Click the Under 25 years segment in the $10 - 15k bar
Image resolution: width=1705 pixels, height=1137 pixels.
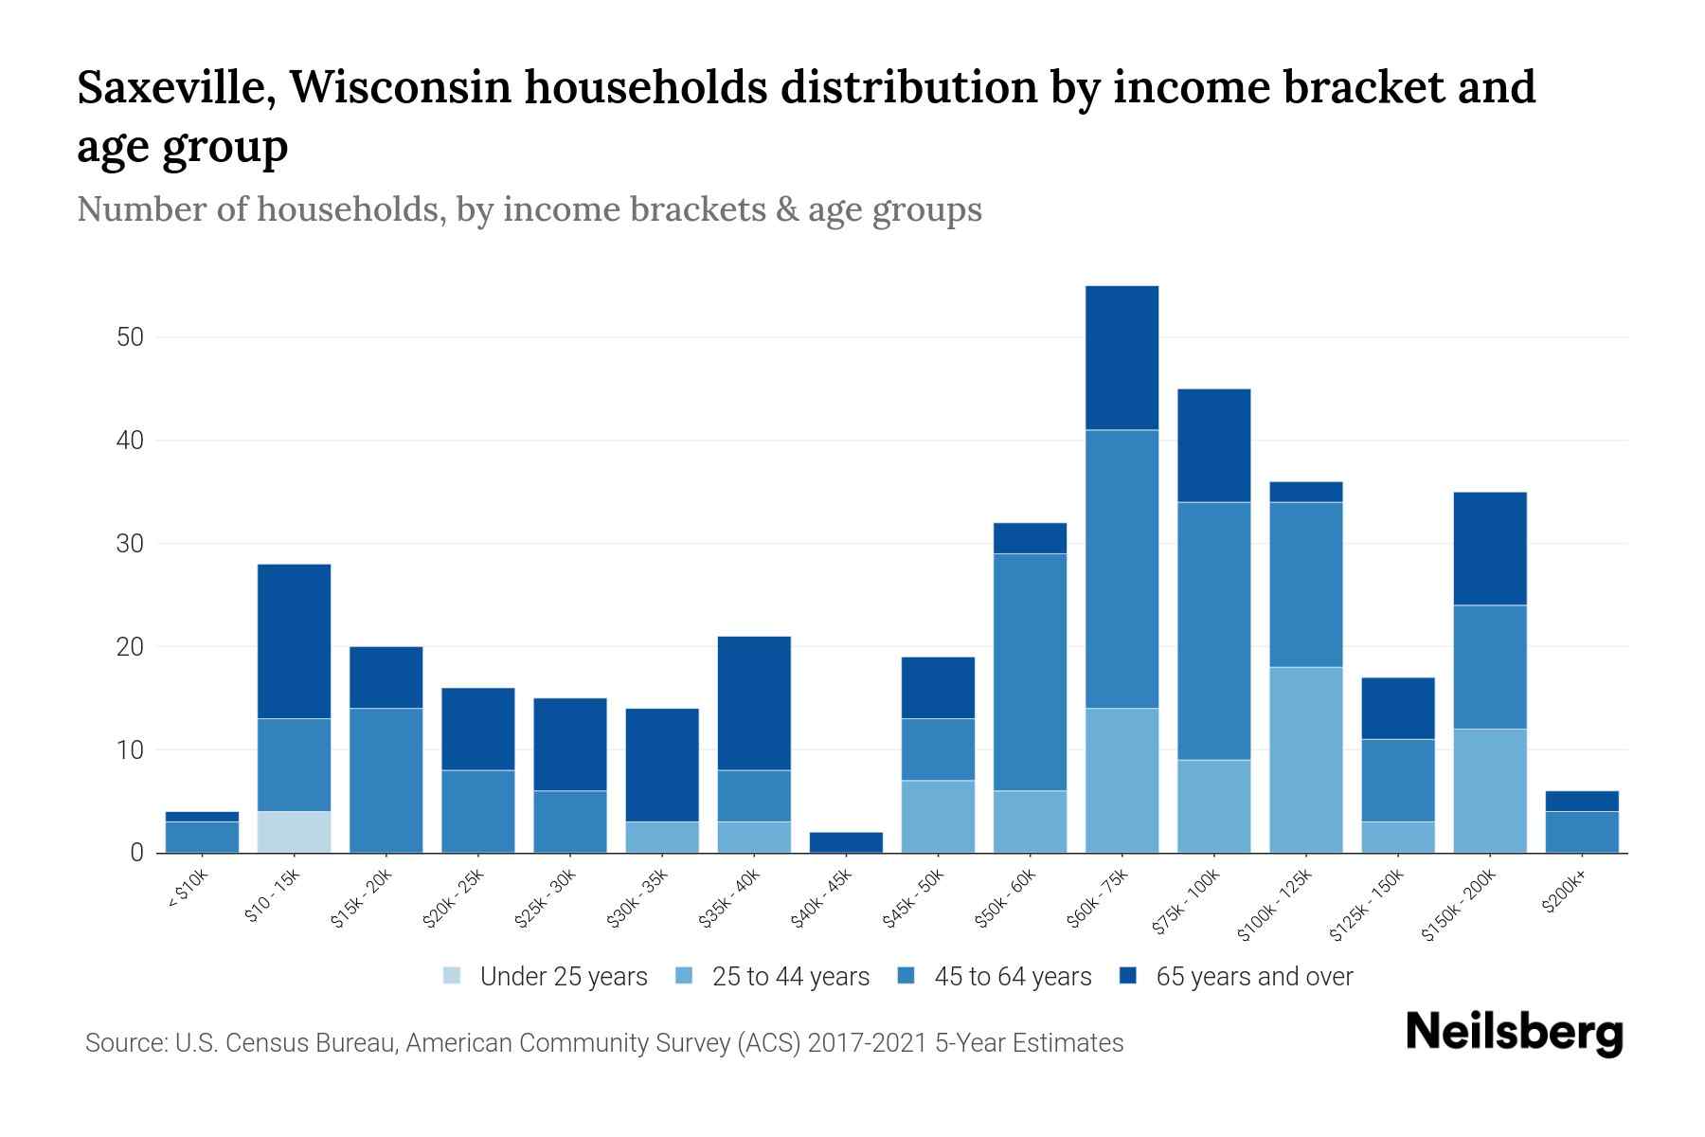pyautogui.click(x=294, y=832)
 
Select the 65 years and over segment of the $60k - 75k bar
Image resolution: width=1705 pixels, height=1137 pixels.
pyautogui.click(x=1122, y=357)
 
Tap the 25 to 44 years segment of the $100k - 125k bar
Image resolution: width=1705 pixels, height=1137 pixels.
pyautogui.click(x=1305, y=760)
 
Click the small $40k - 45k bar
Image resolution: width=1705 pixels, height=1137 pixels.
pyautogui.click(x=847, y=842)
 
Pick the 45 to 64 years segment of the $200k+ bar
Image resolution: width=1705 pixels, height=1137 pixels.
pyautogui.click(x=1581, y=832)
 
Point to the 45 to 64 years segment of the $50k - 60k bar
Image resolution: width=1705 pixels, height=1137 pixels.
pyautogui.click(x=1030, y=672)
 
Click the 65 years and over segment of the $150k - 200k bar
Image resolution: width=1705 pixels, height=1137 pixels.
pyautogui.click(x=1489, y=549)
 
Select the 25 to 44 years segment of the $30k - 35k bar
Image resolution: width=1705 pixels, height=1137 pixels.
pyautogui.click(x=662, y=837)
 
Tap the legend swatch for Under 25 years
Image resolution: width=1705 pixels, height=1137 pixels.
pyautogui.click(x=453, y=976)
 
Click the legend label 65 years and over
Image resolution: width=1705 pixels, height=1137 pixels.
pyautogui.click(x=1253, y=977)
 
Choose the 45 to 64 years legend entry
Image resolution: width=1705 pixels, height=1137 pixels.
pyautogui.click(x=1012, y=977)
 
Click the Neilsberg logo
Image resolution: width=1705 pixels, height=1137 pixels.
pyautogui.click(x=1514, y=1033)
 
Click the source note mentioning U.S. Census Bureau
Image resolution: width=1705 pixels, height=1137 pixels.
pyautogui.click(x=603, y=1043)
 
